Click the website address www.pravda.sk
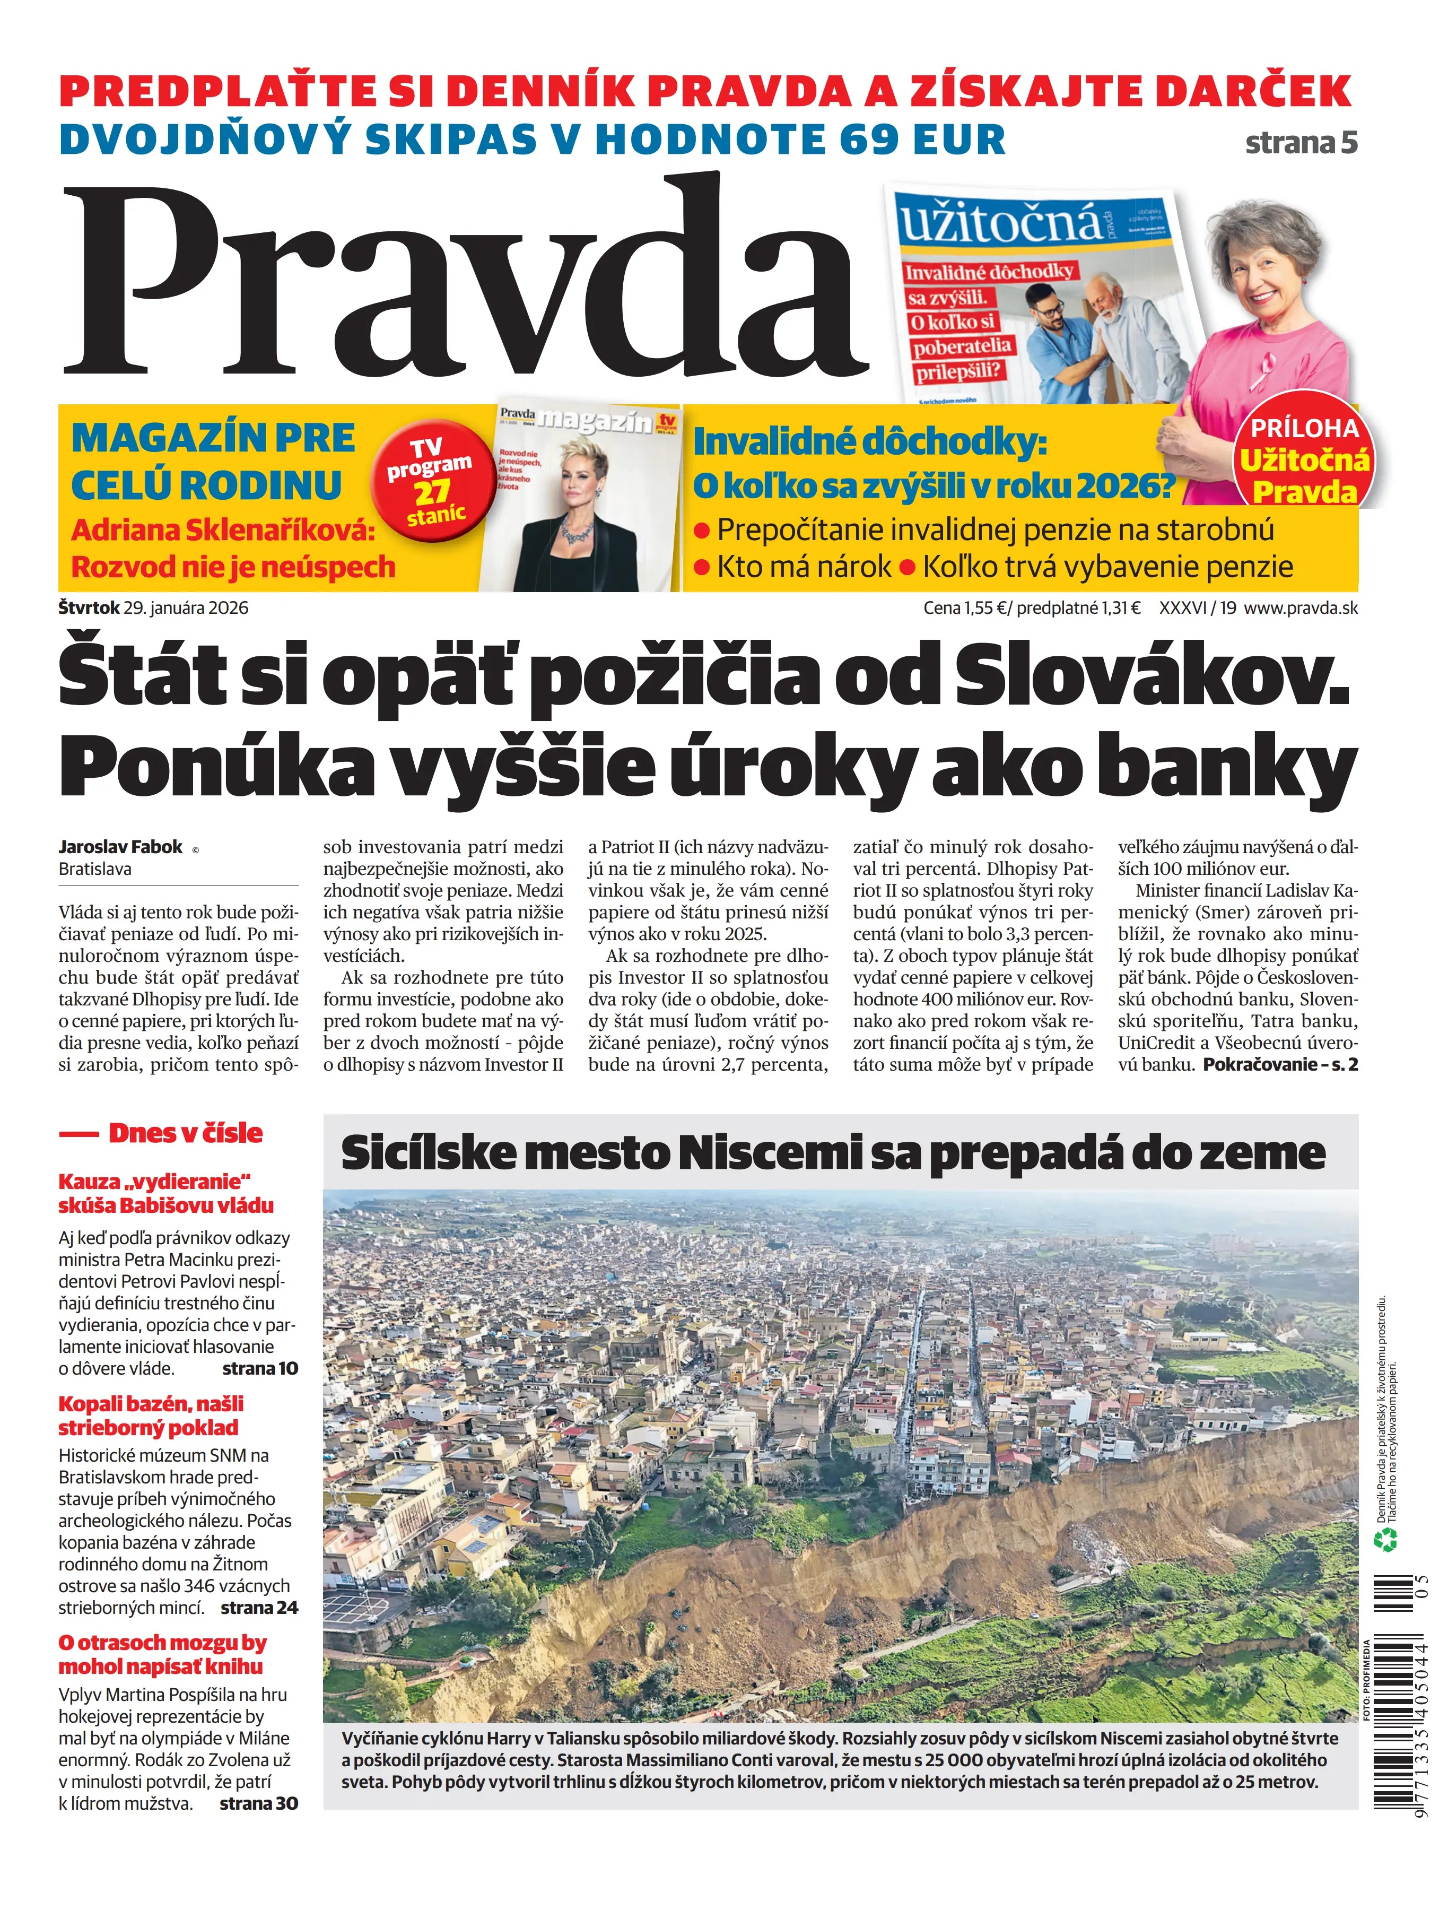point(1301,608)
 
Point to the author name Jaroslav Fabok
point(121,847)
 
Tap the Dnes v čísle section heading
point(185,1133)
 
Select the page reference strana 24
point(259,1607)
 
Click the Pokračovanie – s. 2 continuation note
point(1280,1065)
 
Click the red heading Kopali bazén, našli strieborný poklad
point(151,1415)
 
